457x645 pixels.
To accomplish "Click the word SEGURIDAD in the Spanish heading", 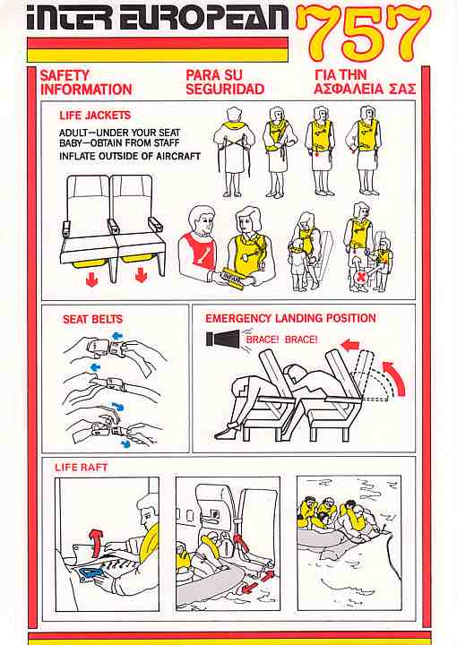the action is [225, 90].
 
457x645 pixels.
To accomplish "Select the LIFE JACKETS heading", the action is [95, 116].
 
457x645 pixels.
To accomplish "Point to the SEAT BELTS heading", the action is [92, 319].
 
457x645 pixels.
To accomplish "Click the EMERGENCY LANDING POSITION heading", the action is [291, 318].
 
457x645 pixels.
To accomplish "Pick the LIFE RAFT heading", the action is [81, 468].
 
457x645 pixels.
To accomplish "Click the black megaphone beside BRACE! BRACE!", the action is [222, 339].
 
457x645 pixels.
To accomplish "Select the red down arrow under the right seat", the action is [141, 275].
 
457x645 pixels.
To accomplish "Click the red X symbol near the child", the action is [362, 277].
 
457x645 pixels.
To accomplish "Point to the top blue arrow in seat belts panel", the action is [117, 337].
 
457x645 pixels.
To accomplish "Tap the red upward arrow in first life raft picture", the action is [96, 542].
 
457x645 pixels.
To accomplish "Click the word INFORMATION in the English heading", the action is [86, 90].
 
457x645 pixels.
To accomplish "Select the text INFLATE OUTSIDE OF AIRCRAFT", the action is [130, 156].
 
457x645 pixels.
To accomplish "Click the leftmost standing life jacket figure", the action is [233, 151].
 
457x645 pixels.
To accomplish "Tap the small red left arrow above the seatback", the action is [350, 345].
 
